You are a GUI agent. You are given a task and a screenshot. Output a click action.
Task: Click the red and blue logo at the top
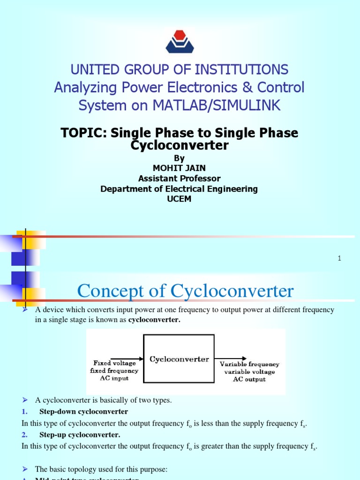click(180, 41)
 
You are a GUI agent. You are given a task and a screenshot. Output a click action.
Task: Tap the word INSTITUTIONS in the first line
click(242, 70)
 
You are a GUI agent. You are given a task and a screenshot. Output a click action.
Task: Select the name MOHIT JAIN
click(179, 168)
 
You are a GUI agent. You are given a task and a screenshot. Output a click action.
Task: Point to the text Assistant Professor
click(179, 179)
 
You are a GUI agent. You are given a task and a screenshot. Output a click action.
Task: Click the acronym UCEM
click(179, 199)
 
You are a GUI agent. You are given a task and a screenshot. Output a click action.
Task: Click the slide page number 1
click(339, 258)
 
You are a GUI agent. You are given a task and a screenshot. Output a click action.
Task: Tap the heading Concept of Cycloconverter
click(185, 291)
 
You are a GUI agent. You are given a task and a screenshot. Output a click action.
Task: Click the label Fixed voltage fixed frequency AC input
click(114, 371)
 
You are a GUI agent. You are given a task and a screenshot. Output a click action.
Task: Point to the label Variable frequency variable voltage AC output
click(249, 371)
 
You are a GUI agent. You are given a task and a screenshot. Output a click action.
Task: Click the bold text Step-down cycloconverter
click(83, 412)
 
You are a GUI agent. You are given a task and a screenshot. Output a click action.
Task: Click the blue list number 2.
click(24, 435)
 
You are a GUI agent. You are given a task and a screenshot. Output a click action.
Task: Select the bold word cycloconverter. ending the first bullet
click(154, 320)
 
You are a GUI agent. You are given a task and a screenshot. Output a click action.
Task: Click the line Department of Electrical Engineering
click(179, 189)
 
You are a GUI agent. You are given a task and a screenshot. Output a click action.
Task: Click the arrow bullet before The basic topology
click(25, 469)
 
